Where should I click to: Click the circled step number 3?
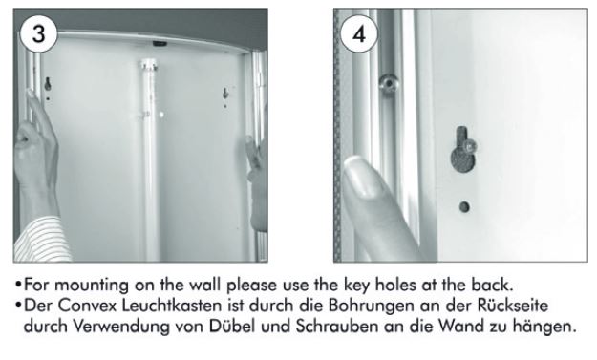[x=38, y=33]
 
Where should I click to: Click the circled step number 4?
[x=359, y=33]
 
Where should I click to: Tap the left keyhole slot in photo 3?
[x=48, y=84]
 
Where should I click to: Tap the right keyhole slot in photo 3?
[x=225, y=94]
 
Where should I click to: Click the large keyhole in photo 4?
[x=461, y=151]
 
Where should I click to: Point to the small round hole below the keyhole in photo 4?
[x=464, y=207]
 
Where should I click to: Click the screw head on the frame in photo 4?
[x=389, y=83]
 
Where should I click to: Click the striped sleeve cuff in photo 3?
[x=42, y=240]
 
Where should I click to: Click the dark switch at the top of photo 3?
[x=160, y=43]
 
